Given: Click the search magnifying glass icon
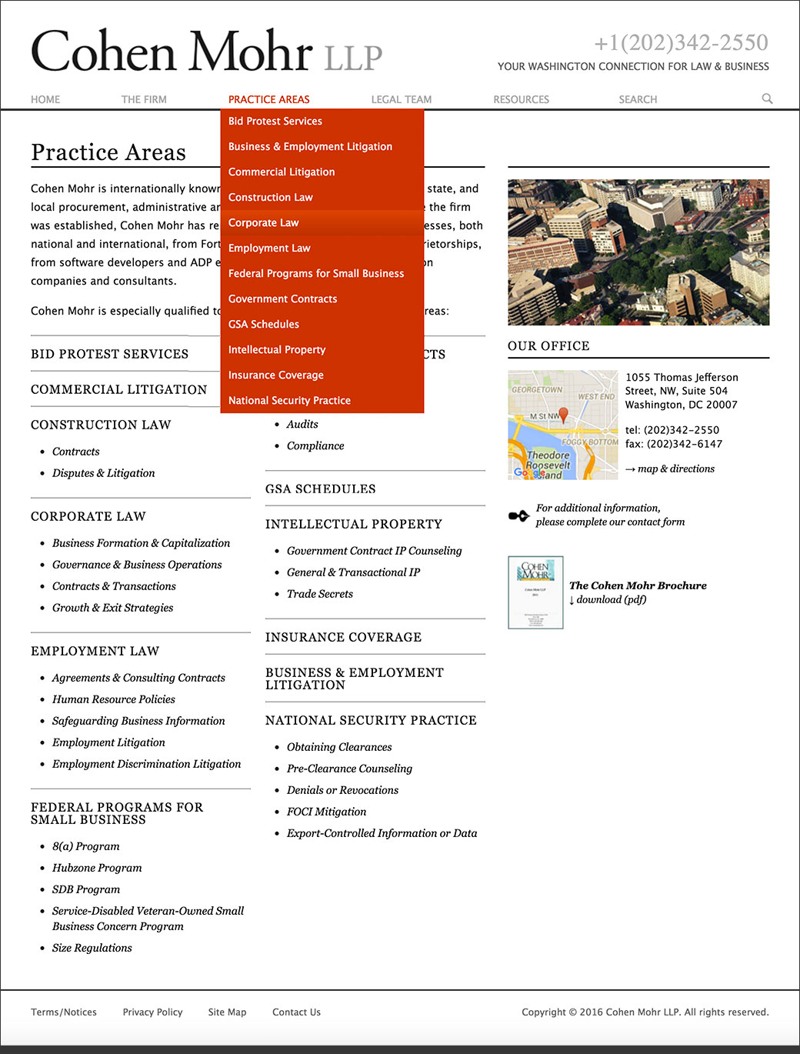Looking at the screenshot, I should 767,98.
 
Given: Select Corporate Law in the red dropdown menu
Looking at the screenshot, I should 263,222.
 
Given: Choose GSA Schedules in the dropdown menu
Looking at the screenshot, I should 263,324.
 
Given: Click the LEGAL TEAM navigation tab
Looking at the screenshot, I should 401,99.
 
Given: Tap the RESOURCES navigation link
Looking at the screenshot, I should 521,99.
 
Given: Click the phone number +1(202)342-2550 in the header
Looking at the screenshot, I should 681,42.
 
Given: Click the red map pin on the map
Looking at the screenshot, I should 563,415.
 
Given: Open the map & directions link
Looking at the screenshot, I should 675,469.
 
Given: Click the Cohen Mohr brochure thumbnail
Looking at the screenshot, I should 535,592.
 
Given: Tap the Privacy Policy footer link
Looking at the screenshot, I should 152,1012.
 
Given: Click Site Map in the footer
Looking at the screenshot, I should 227,1012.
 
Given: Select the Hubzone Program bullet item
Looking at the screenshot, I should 97,868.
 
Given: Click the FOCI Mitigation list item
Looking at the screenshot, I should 326,812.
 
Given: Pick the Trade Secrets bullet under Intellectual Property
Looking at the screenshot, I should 319,594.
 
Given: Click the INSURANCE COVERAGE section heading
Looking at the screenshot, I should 343,637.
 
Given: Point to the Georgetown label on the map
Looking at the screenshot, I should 537,389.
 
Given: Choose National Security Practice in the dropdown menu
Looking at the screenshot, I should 289,400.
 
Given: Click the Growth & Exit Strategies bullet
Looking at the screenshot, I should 112,608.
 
